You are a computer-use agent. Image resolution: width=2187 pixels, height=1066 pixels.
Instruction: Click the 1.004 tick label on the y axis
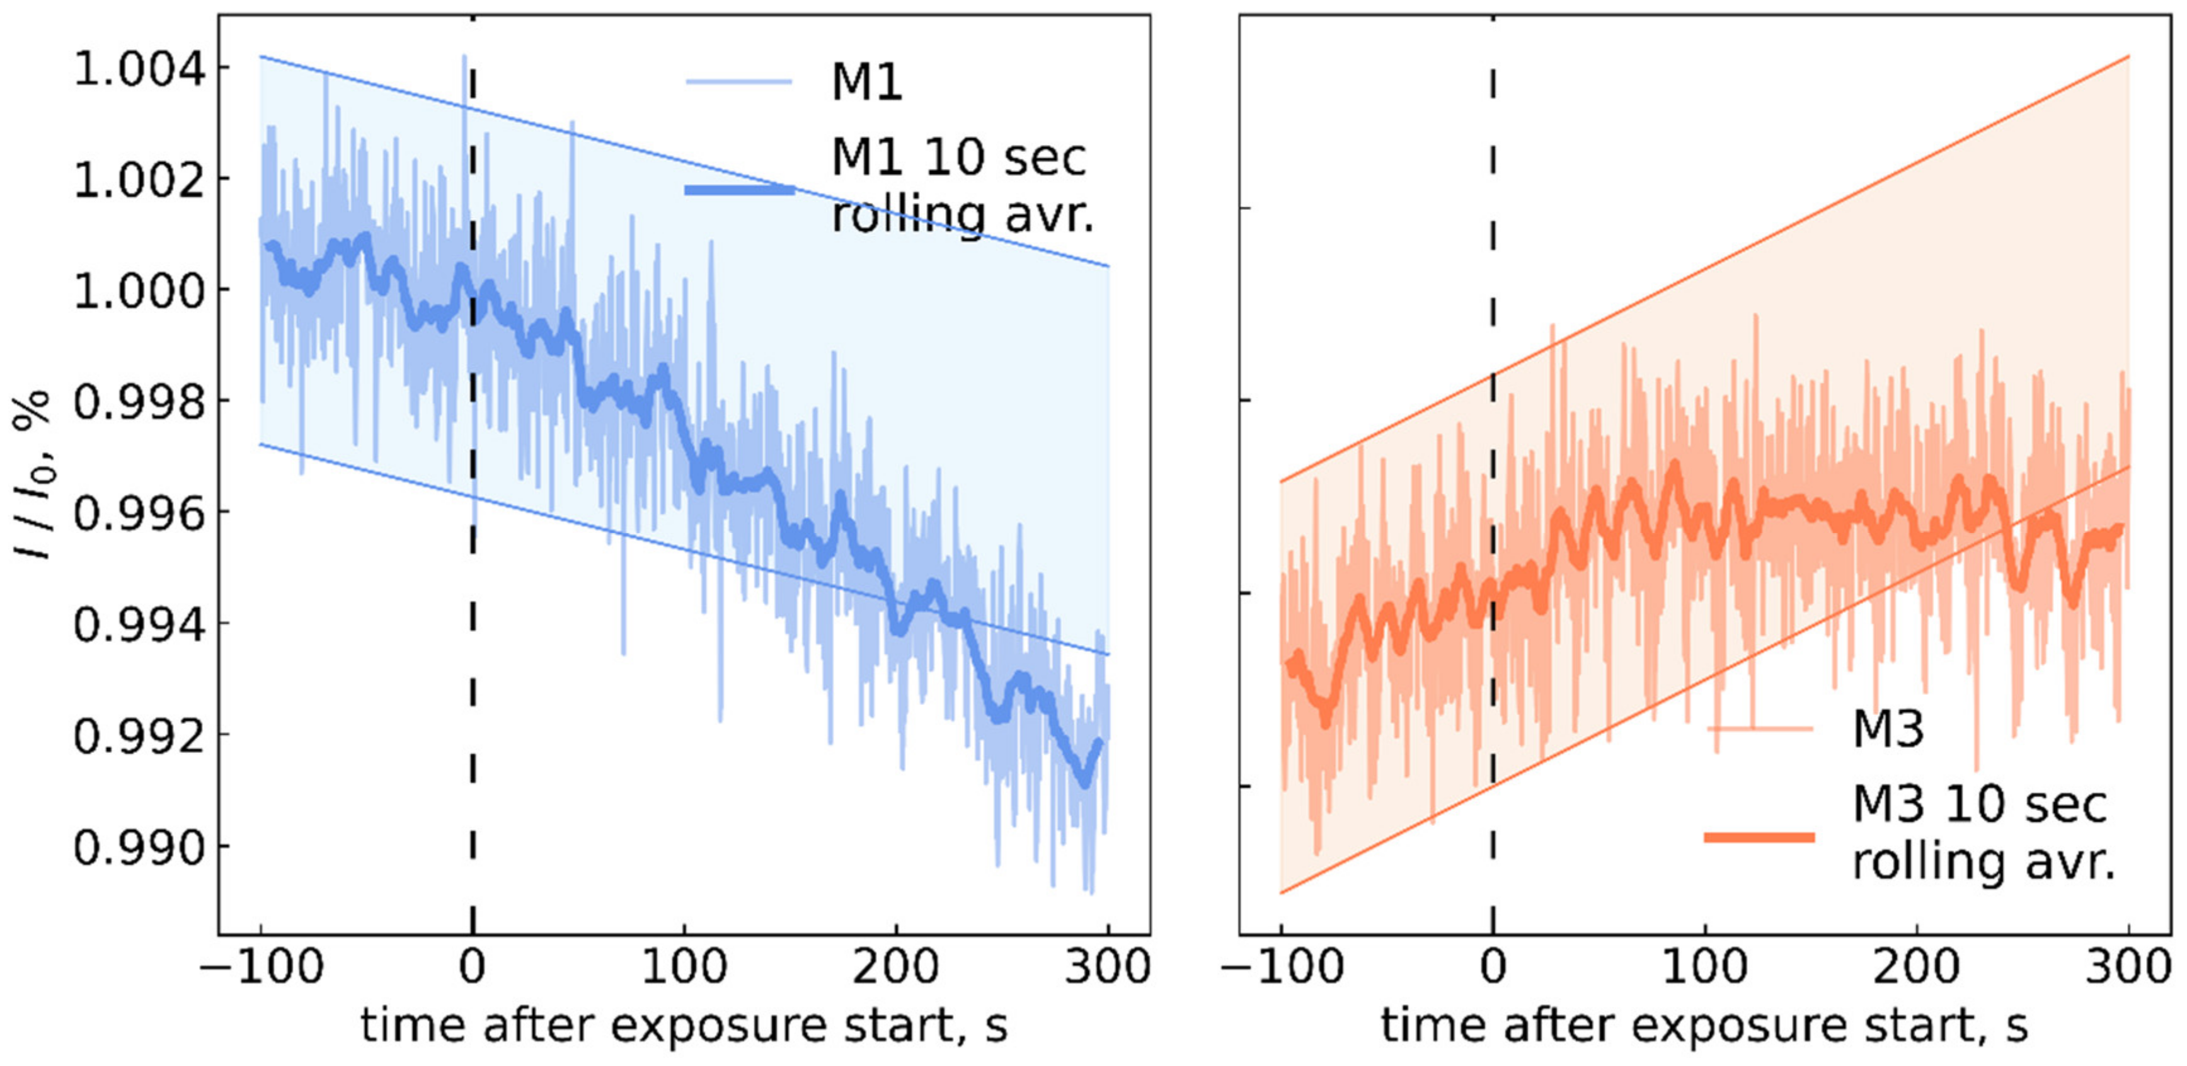pos(139,68)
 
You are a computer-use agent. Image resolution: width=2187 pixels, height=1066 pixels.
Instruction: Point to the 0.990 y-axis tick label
pos(139,846)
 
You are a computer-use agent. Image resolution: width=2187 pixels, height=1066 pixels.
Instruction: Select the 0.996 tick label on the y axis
pos(139,513)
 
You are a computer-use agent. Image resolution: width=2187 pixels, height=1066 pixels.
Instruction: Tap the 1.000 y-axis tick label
pos(139,290)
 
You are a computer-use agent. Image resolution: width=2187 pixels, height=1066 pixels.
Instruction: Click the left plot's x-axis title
pos(684,1025)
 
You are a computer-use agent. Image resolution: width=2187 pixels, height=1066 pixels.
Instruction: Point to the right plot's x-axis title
pos(1705,1025)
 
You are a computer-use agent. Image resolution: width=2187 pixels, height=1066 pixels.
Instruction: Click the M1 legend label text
pos(866,83)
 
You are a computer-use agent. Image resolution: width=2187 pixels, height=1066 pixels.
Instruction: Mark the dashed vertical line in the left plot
pos(472,594)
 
